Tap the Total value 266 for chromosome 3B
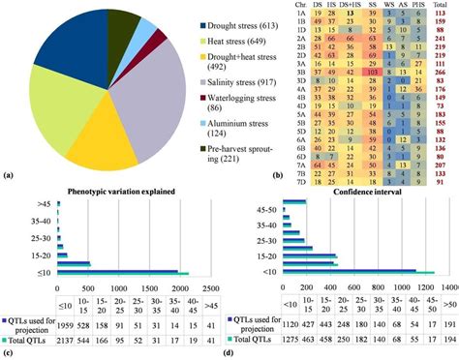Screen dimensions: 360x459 pos(443,72)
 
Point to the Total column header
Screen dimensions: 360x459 pos(442,6)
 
